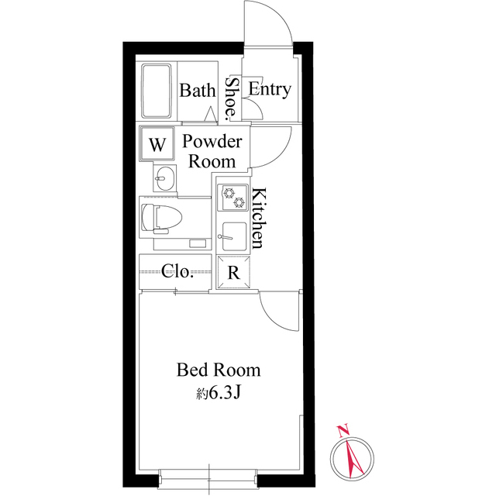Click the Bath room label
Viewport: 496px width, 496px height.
[x=198, y=91]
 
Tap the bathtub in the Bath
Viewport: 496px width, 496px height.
[x=157, y=91]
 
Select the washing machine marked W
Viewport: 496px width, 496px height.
[x=157, y=144]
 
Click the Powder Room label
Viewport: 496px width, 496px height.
[x=212, y=152]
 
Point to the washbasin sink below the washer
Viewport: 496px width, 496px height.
[x=165, y=178]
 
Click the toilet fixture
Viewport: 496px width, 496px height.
[x=161, y=219]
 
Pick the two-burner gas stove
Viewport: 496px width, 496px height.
[x=232, y=197]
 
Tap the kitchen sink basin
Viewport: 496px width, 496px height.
[x=233, y=236]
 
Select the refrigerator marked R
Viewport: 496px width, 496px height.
[x=233, y=273]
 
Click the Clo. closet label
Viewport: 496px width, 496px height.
[x=177, y=271]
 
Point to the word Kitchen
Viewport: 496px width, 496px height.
[x=257, y=219]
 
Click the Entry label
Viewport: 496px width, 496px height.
[x=270, y=89]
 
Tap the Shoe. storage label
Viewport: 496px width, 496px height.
[x=231, y=99]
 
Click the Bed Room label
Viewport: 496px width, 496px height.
[x=219, y=370]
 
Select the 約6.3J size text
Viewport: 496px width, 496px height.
[x=219, y=393]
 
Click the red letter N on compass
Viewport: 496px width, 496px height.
[x=343, y=431]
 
